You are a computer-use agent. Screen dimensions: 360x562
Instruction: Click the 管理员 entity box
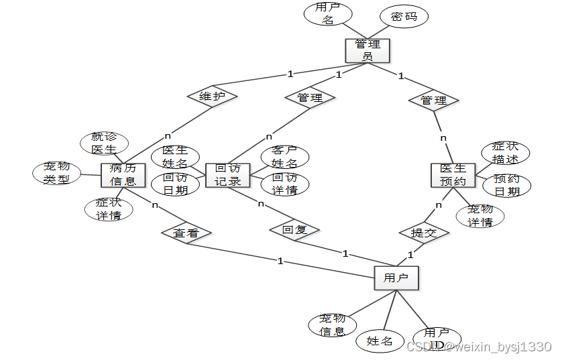point(368,50)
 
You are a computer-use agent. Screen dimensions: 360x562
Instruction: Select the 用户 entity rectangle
point(396,278)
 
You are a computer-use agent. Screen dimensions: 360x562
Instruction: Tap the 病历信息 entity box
point(123,174)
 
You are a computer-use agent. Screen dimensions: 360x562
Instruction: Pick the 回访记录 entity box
point(228,175)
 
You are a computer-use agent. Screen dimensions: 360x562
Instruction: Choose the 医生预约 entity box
point(453,175)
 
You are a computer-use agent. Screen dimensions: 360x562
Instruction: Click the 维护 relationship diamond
point(212,97)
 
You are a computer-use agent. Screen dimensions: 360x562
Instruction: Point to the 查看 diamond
point(186,233)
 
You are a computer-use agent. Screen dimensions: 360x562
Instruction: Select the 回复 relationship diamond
point(294,230)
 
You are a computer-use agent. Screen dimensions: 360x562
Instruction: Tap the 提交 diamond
point(424,233)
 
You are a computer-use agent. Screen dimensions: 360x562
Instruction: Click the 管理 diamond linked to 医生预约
point(434,101)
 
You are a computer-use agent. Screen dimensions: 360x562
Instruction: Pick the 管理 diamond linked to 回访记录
point(309,98)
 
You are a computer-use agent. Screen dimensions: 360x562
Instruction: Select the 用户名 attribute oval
point(328,14)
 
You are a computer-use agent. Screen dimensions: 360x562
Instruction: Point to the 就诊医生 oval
point(103,143)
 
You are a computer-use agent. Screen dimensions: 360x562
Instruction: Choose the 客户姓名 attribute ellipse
point(284,157)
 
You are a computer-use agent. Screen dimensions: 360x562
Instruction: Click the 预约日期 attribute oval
point(507,185)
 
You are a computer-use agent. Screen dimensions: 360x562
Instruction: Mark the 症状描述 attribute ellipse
point(506,153)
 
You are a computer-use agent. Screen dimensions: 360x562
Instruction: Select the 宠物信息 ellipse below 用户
point(333,324)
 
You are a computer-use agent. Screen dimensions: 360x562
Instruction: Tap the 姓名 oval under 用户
point(380,341)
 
